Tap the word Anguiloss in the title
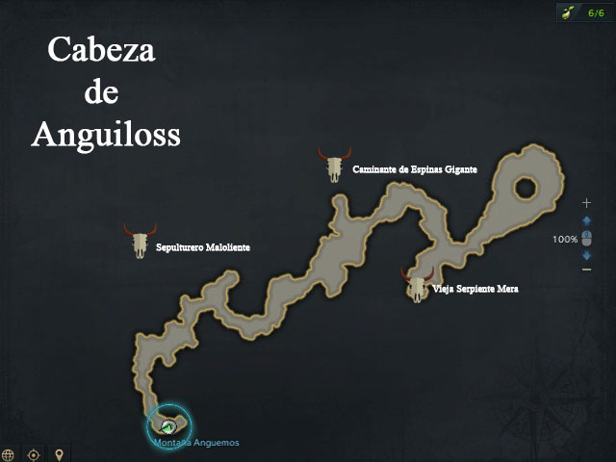click(x=106, y=134)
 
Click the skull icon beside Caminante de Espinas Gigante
click(x=334, y=166)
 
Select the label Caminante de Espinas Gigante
click(x=415, y=170)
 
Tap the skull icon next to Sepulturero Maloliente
click(x=141, y=241)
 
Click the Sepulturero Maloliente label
click(x=203, y=247)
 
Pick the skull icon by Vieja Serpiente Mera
click(x=417, y=285)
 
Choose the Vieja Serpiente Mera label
click(x=475, y=289)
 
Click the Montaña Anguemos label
click(x=196, y=443)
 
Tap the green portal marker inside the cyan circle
click(x=168, y=424)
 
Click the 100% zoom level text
click(x=565, y=239)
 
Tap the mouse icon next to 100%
click(x=586, y=238)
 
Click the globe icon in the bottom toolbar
click(x=9, y=454)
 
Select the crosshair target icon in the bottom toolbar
click(x=34, y=454)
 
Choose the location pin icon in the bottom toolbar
click(x=59, y=454)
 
